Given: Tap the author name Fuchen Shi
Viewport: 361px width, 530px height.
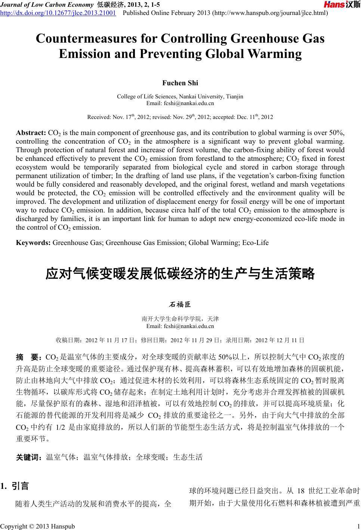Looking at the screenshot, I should tap(180, 83).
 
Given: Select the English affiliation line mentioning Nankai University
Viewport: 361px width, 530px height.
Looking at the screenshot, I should tap(180, 96).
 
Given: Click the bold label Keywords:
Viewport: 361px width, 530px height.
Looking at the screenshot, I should tap(33, 243).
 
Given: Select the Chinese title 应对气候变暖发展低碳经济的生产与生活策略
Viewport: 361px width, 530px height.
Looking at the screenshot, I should tap(180, 274).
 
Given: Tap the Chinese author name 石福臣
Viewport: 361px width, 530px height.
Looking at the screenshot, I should tap(180, 305).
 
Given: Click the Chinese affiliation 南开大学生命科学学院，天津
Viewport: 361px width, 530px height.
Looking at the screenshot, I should tap(180, 319).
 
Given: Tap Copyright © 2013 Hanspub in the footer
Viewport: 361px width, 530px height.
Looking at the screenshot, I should tap(37, 526).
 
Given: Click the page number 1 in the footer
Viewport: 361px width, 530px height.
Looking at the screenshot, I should tap(358, 526).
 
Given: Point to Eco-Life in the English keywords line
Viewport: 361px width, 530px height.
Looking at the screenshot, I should tap(256, 243).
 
